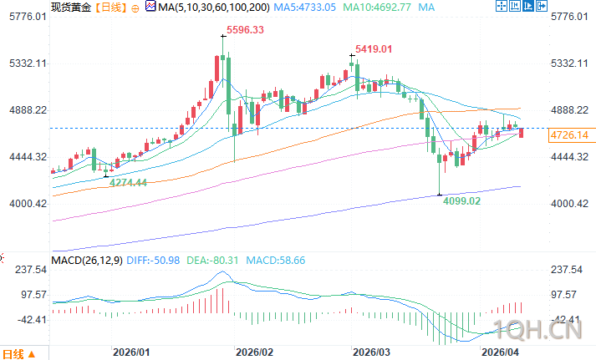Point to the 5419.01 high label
[374, 49]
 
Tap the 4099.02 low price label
[461, 201]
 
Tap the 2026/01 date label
[133, 352]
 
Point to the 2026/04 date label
[502, 352]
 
